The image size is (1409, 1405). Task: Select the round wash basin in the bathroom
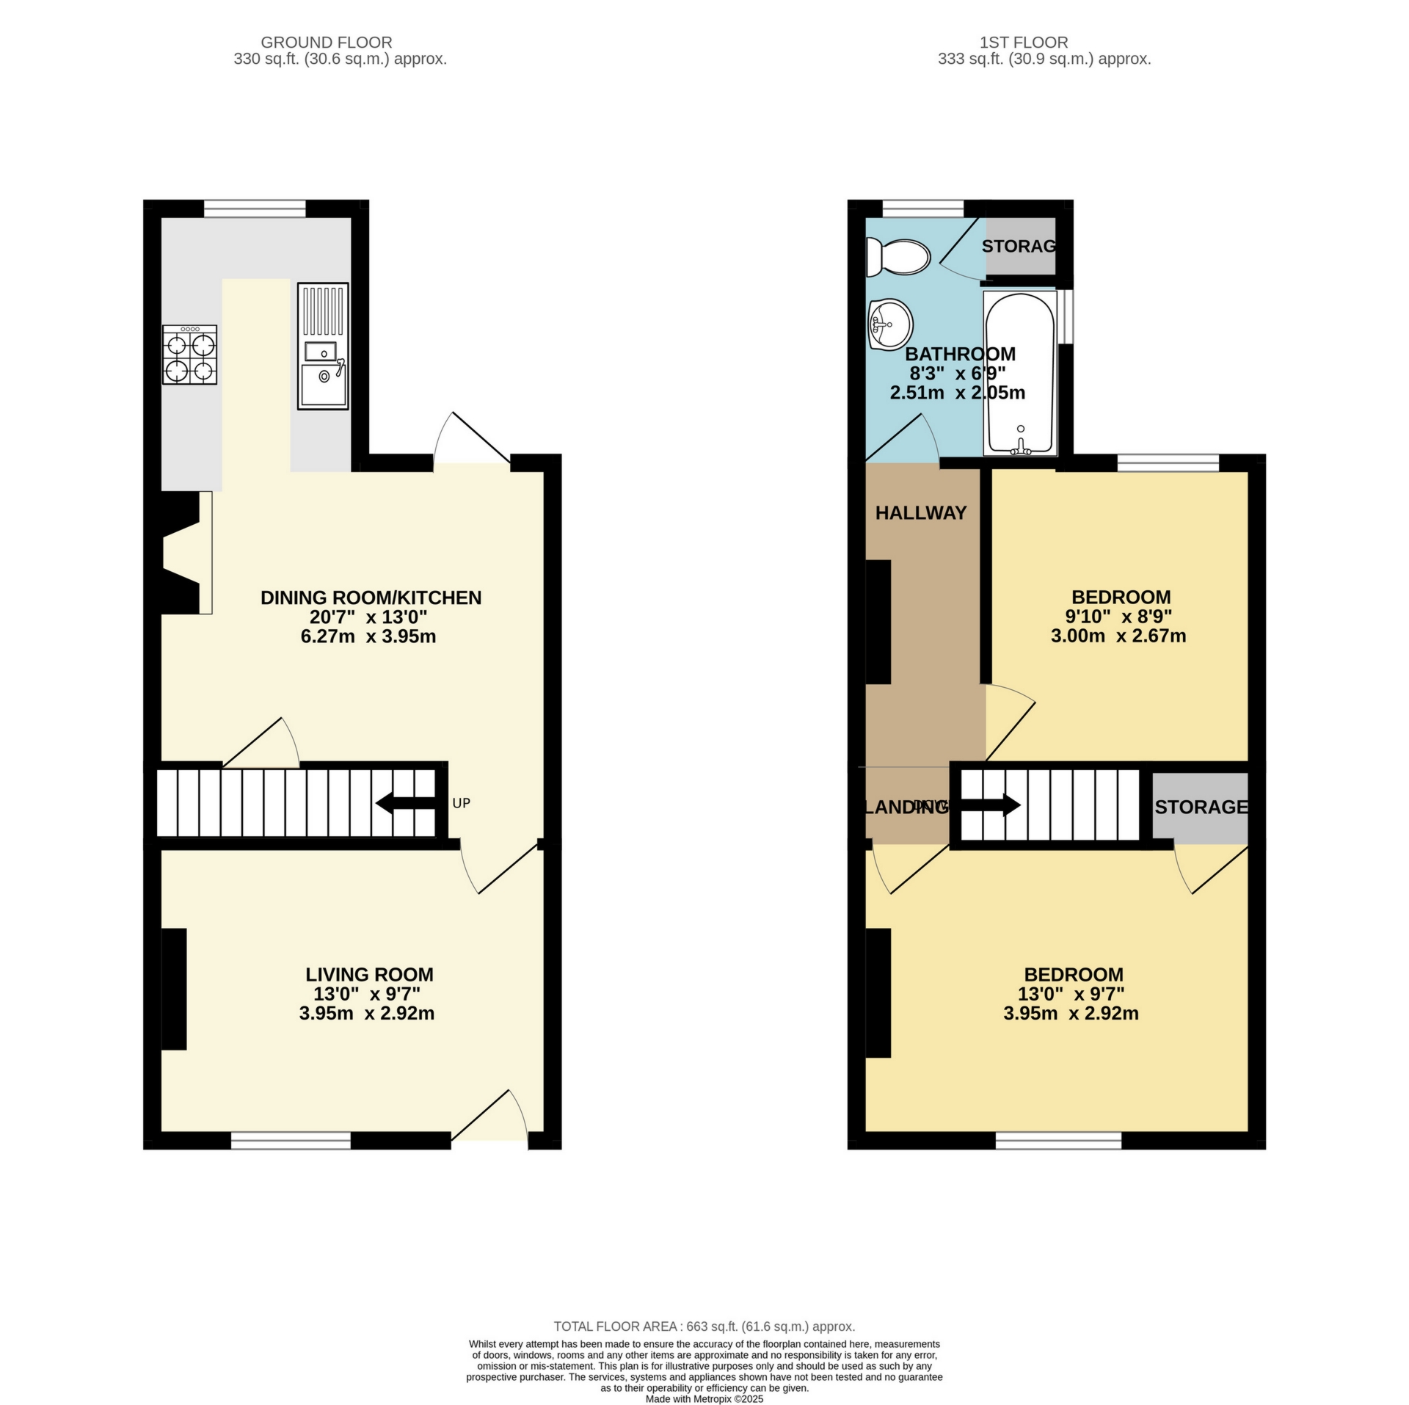click(889, 324)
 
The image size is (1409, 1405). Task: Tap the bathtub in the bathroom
click(1020, 373)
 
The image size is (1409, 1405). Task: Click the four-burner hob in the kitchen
click(190, 355)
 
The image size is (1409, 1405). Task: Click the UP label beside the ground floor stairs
click(461, 803)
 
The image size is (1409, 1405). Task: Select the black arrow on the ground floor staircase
click(405, 805)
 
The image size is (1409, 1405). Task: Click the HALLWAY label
click(920, 513)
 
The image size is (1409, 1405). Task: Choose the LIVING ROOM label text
click(369, 974)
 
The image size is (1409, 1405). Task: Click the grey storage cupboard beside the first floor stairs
click(1200, 807)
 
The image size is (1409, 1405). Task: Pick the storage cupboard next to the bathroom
click(1020, 246)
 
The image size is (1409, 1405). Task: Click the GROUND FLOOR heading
click(327, 43)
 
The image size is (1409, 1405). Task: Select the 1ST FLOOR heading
click(1024, 43)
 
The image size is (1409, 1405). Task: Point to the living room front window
click(291, 1139)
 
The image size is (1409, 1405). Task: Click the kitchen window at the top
click(255, 208)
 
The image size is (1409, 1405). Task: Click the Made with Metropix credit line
click(704, 1398)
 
